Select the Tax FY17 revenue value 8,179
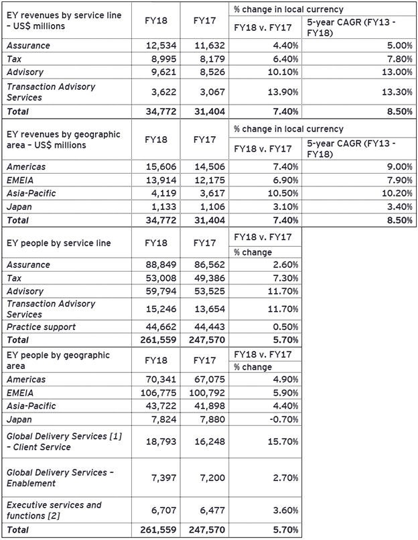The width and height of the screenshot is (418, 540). pos(210,58)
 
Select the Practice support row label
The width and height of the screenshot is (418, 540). pos(41,327)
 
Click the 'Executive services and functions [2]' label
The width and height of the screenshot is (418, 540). pos(54,510)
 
